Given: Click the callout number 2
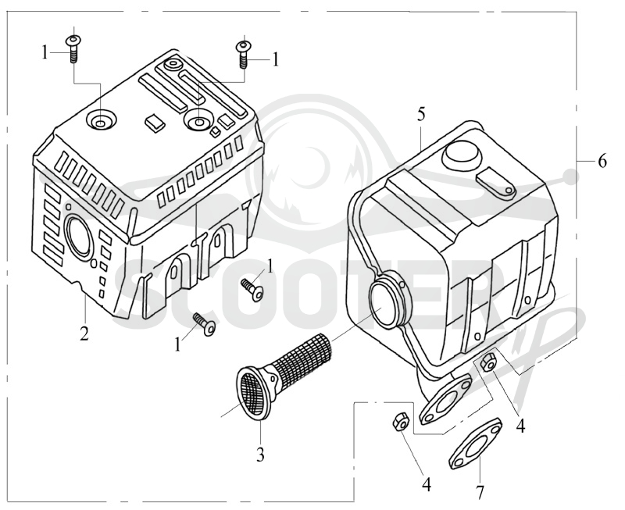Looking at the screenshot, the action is click(84, 333).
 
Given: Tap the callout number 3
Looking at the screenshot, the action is click(260, 455).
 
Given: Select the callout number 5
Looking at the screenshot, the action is click(421, 115).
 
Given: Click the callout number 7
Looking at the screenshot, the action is click(480, 492).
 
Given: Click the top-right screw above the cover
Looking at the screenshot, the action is click(244, 54).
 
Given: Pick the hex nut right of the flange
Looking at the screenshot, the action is click(487, 362).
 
